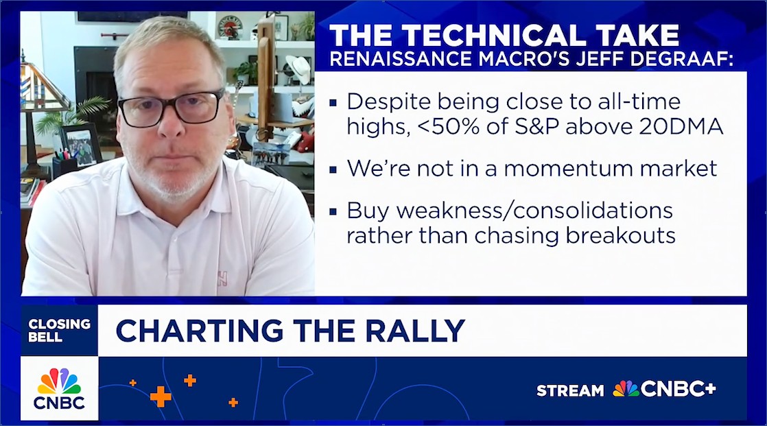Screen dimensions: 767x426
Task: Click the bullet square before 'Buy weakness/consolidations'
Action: [333, 212]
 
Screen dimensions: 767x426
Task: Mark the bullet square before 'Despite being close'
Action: [333, 103]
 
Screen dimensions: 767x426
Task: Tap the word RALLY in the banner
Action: [415, 331]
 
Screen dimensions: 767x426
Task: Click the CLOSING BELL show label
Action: [59, 330]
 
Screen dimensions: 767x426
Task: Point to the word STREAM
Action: [570, 390]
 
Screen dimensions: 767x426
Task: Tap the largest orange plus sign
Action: [161, 396]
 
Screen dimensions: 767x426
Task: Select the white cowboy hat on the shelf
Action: [298, 69]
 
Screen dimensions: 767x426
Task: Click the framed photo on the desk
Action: [80, 145]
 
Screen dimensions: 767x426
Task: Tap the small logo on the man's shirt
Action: [222, 279]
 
